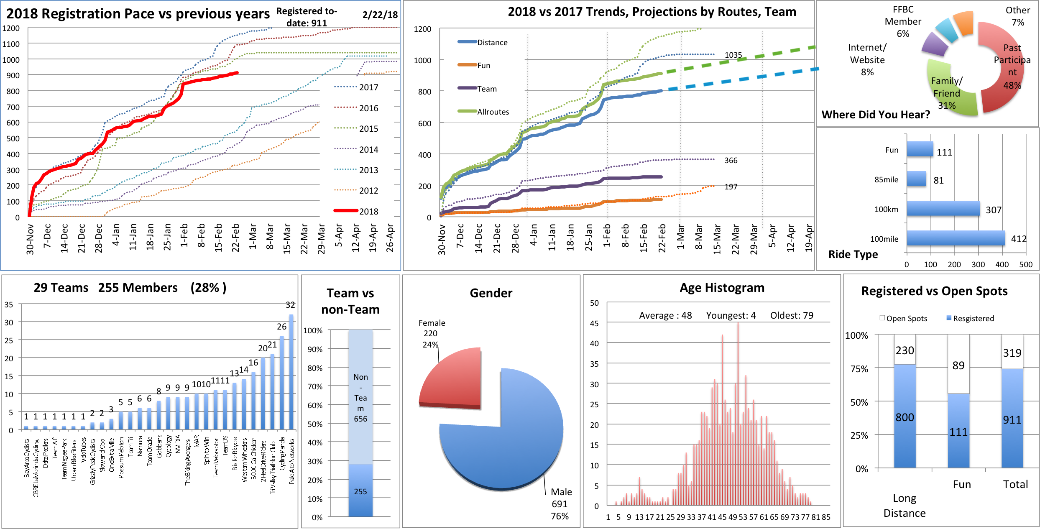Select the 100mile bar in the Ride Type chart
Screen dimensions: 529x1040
coord(956,238)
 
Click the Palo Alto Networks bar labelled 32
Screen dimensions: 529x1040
coord(291,372)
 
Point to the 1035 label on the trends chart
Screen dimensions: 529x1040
coord(733,55)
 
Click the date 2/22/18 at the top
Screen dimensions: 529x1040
coord(380,15)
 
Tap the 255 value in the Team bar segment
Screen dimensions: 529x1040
coord(360,492)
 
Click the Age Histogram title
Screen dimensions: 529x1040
coord(722,288)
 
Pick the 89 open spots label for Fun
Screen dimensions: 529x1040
coord(958,366)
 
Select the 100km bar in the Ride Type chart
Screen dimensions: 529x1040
coord(943,209)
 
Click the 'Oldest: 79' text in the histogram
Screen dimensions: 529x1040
coord(792,315)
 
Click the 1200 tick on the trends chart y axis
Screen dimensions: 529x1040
coord(422,29)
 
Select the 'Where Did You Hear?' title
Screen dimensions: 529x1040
coord(876,115)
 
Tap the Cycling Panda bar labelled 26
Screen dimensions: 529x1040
coord(282,383)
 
